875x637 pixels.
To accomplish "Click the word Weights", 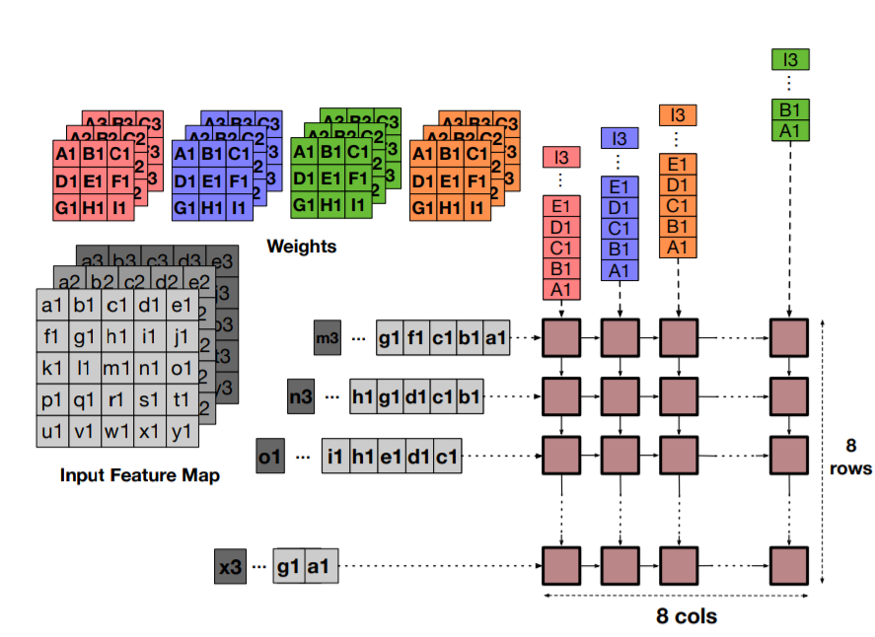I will pyautogui.click(x=301, y=246).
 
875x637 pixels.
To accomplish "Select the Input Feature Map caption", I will pyautogui.click(x=139, y=474).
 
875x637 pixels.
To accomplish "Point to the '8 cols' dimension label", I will pyautogui.click(x=687, y=616).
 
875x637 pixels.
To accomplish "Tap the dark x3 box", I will pyautogui.click(x=230, y=567).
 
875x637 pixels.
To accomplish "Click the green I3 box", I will pyautogui.click(x=790, y=60).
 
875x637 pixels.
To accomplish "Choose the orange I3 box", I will pyautogui.click(x=677, y=114).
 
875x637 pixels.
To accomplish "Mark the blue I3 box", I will pyautogui.click(x=619, y=138).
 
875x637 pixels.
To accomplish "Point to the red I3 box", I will pyautogui.click(x=561, y=156).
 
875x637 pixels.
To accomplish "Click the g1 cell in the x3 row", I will pyautogui.click(x=288, y=567).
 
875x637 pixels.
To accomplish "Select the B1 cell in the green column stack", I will pyautogui.click(x=790, y=109).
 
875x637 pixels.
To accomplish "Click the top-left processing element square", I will pyautogui.click(x=560, y=337).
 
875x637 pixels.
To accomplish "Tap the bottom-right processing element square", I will pyautogui.click(x=790, y=567).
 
